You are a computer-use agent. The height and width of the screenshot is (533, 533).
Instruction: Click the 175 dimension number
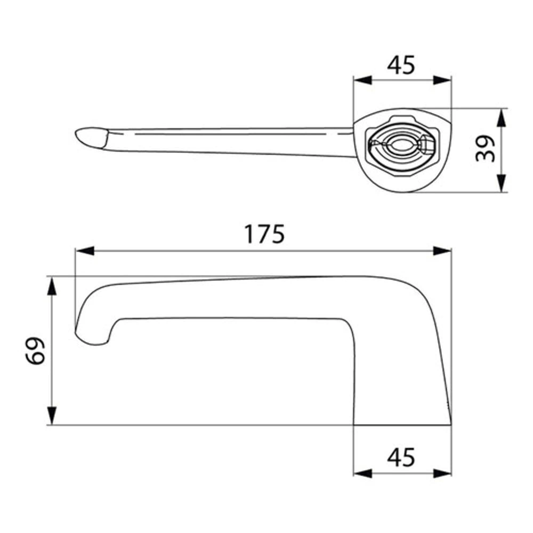pos(264,234)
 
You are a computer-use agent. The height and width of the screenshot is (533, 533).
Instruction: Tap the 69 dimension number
pos(35,351)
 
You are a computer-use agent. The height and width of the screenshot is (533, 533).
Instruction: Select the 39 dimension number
pos(485,149)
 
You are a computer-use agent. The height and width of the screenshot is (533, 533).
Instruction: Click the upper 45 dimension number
pos(401,65)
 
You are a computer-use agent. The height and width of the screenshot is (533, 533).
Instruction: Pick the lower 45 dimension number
pos(401,457)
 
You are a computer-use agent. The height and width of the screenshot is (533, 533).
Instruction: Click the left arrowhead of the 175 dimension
pos(85,251)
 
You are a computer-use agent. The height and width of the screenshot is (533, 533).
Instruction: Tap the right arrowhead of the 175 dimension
pos(442,251)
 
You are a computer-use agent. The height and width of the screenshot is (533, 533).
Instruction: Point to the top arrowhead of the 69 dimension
pos(51,286)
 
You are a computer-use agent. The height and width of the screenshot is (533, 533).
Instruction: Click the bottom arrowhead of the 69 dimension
pos(51,415)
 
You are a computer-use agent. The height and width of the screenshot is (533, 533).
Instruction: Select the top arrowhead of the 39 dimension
pos(502,118)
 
